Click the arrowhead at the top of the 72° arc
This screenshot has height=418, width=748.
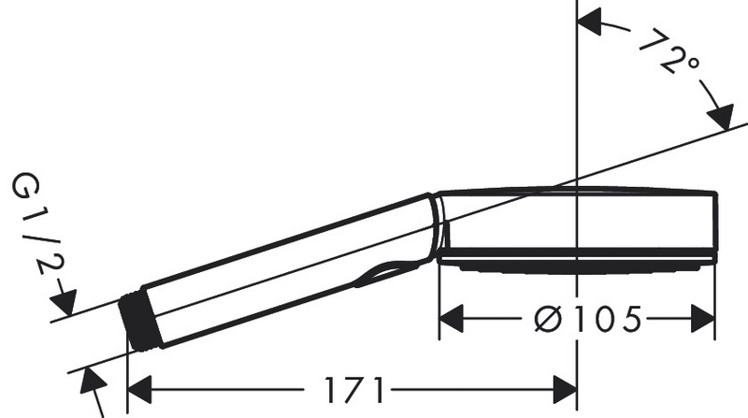pos(593,20)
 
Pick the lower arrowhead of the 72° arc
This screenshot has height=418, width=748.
pos(720,121)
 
